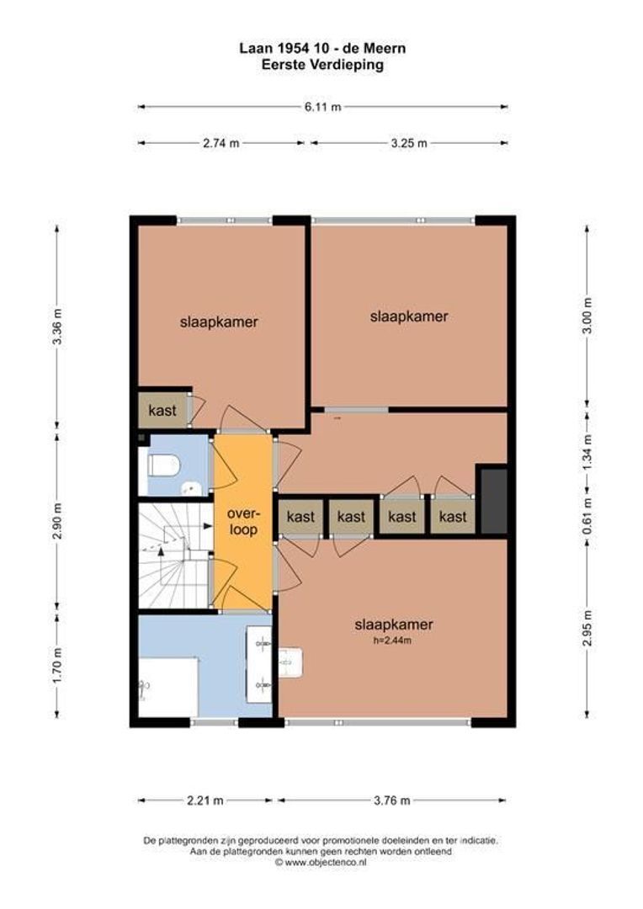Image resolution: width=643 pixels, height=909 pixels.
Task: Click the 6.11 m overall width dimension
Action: [x=323, y=107]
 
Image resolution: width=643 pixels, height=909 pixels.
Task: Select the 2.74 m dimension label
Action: [x=221, y=143]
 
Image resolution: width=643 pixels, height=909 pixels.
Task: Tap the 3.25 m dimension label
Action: [x=409, y=143]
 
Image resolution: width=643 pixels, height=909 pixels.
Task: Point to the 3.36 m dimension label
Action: [x=57, y=327]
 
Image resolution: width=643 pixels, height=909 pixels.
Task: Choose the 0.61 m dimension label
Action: [x=587, y=516]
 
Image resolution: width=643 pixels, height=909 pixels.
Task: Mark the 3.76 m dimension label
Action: [x=391, y=800]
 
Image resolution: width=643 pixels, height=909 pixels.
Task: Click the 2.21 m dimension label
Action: [x=205, y=800]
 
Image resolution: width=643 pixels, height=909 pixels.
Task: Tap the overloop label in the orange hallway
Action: [x=242, y=522]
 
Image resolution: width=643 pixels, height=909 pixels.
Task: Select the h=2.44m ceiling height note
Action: [x=392, y=641]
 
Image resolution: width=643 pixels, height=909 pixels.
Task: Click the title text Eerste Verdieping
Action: [x=322, y=64]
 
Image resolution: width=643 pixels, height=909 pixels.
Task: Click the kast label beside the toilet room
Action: [x=162, y=411]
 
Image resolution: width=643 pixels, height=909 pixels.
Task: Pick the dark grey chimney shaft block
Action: [x=494, y=502]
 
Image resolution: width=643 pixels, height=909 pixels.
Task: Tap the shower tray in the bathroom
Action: [x=168, y=687]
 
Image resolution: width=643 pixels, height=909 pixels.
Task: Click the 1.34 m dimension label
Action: [x=587, y=452]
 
